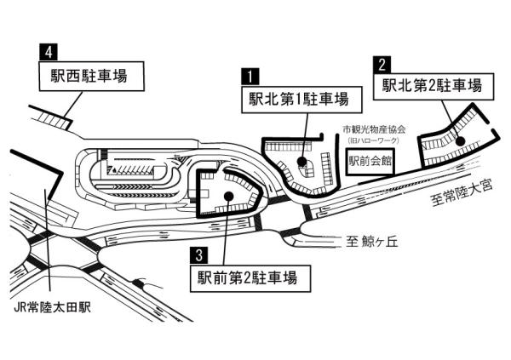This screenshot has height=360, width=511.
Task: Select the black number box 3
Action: (x=198, y=254)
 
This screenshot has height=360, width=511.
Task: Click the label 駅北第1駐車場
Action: (x=298, y=98)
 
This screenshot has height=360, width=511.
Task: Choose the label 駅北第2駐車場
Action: (x=432, y=85)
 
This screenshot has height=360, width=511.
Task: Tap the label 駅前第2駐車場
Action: (x=247, y=277)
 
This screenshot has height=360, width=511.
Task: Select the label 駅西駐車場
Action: (x=89, y=75)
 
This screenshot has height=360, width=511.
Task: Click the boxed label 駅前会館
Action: (x=369, y=159)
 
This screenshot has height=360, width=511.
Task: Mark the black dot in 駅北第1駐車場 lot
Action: (x=301, y=162)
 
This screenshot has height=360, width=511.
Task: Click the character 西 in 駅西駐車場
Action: (x=74, y=75)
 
